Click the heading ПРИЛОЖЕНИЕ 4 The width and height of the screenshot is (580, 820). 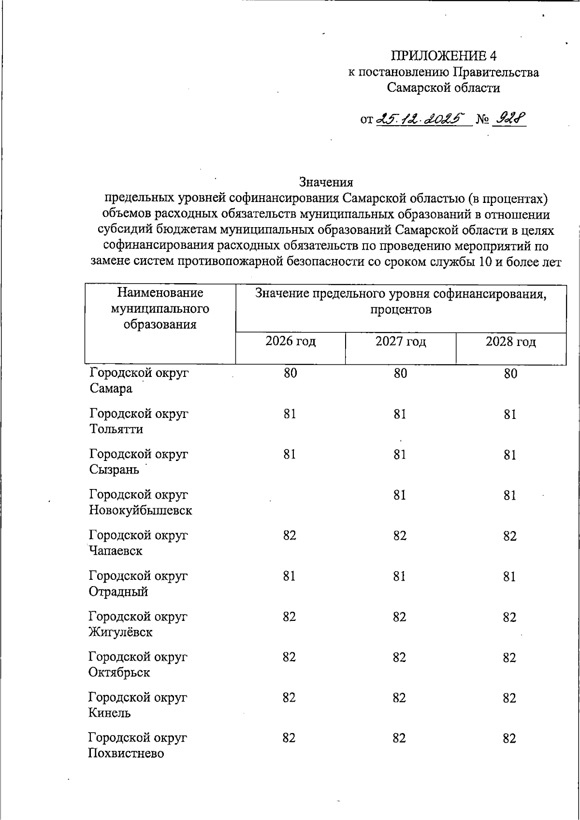click(443, 56)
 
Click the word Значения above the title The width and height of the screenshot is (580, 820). click(326, 182)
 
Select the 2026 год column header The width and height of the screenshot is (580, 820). click(290, 342)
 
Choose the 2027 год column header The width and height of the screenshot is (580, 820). click(401, 342)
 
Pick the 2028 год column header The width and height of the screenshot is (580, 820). click(510, 342)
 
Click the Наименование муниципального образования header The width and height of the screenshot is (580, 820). click(160, 308)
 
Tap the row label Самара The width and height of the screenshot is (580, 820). click(111, 388)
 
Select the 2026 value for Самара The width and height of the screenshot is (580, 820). click(290, 373)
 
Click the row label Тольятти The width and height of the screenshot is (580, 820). click(116, 429)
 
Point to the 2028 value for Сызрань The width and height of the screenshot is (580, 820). click(510, 455)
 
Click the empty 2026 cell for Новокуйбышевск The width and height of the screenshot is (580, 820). click(290, 495)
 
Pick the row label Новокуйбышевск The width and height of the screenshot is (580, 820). click(141, 510)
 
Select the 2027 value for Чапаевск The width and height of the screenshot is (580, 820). click(400, 536)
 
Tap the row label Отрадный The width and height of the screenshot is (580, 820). click(118, 591)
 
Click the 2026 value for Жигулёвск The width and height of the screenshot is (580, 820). click(290, 617)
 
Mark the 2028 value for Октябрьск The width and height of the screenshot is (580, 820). click(509, 658)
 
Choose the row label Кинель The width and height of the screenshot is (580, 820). click(110, 713)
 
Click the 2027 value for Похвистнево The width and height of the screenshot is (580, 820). click(399, 738)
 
